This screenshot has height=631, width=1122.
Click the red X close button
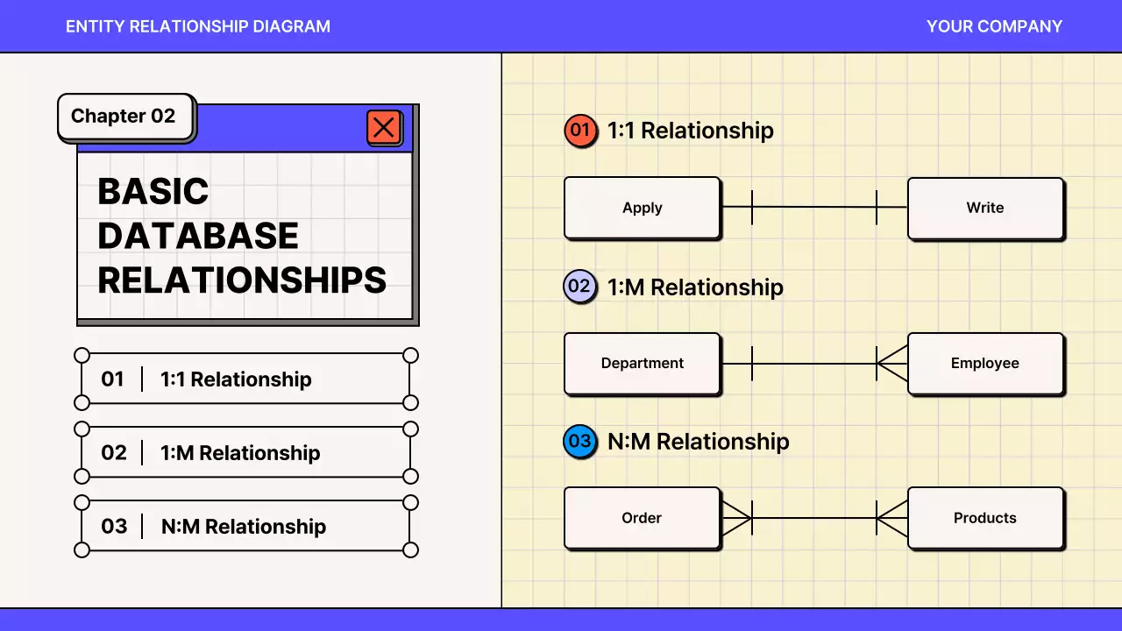(x=384, y=128)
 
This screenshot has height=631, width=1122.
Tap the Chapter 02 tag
(x=124, y=117)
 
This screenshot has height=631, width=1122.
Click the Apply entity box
(x=642, y=208)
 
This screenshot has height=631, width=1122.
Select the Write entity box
(x=985, y=208)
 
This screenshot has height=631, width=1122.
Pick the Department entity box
(x=642, y=363)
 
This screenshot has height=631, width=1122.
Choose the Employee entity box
(x=985, y=363)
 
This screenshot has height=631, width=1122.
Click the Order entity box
(x=642, y=518)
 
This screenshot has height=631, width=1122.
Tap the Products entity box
(x=985, y=518)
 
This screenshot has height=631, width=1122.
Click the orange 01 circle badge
(x=579, y=131)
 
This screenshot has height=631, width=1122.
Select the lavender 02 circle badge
(x=579, y=287)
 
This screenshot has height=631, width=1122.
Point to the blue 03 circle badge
(x=579, y=442)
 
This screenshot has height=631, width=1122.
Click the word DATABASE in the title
(x=198, y=236)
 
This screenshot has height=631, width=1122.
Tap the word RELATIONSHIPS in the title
(x=242, y=280)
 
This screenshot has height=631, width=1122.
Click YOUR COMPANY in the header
(x=994, y=26)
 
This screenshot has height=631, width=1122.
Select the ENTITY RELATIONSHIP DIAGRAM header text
(x=198, y=26)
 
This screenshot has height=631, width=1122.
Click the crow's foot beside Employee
(x=892, y=363)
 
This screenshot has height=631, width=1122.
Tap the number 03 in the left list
(x=114, y=526)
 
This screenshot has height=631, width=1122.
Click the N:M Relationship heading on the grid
(x=698, y=442)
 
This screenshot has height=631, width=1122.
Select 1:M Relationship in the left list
(x=240, y=453)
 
